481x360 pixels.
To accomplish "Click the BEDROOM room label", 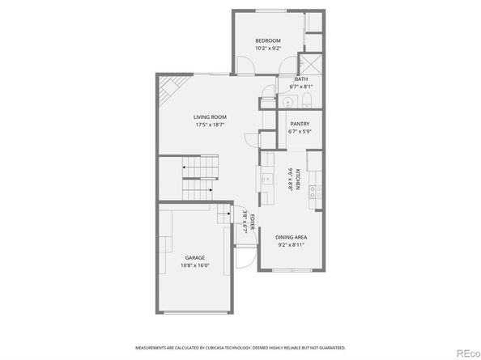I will click(268, 40).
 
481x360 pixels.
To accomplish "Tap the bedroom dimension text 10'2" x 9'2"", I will click(268, 49).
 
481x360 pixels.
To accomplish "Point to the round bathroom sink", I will click(287, 102).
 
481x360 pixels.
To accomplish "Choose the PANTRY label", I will click(300, 124).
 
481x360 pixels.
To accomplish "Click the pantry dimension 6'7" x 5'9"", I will click(300, 131).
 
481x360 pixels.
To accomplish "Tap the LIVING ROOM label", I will click(209, 117).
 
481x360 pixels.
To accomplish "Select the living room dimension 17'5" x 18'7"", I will click(209, 125).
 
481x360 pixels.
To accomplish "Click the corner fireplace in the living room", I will click(168, 88).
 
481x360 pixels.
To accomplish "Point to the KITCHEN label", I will click(299, 180).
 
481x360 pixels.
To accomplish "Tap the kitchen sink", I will click(266, 178).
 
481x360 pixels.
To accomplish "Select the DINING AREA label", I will click(291, 236).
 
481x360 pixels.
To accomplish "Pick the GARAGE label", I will click(194, 257).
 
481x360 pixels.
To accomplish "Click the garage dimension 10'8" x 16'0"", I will click(194, 265).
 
